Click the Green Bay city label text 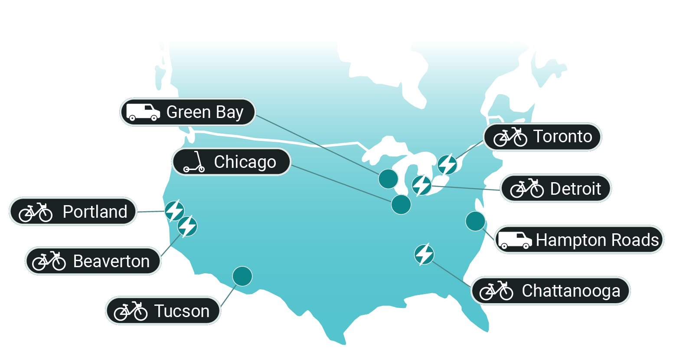tap(205, 112)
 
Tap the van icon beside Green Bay tap(143, 112)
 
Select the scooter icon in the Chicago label tap(194, 162)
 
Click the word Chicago tap(245, 162)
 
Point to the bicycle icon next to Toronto tap(510, 137)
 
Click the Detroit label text tap(575, 189)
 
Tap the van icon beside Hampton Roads tap(515, 240)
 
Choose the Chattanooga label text tap(571, 291)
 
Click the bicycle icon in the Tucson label tap(131, 311)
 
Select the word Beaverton tap(111, 261)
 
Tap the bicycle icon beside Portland tap(36, 212)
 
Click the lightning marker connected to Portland tap(174, 211)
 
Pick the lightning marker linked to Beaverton tap(187, 226)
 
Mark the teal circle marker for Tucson tap(242, 276)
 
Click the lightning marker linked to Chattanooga tap(424, 254)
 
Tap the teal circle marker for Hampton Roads tap(475, 221)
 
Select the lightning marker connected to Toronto tap(447, 164)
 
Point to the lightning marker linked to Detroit tap(421, 185)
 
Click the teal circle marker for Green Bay tap(388, 179)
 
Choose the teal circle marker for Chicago tap(401, 204)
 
